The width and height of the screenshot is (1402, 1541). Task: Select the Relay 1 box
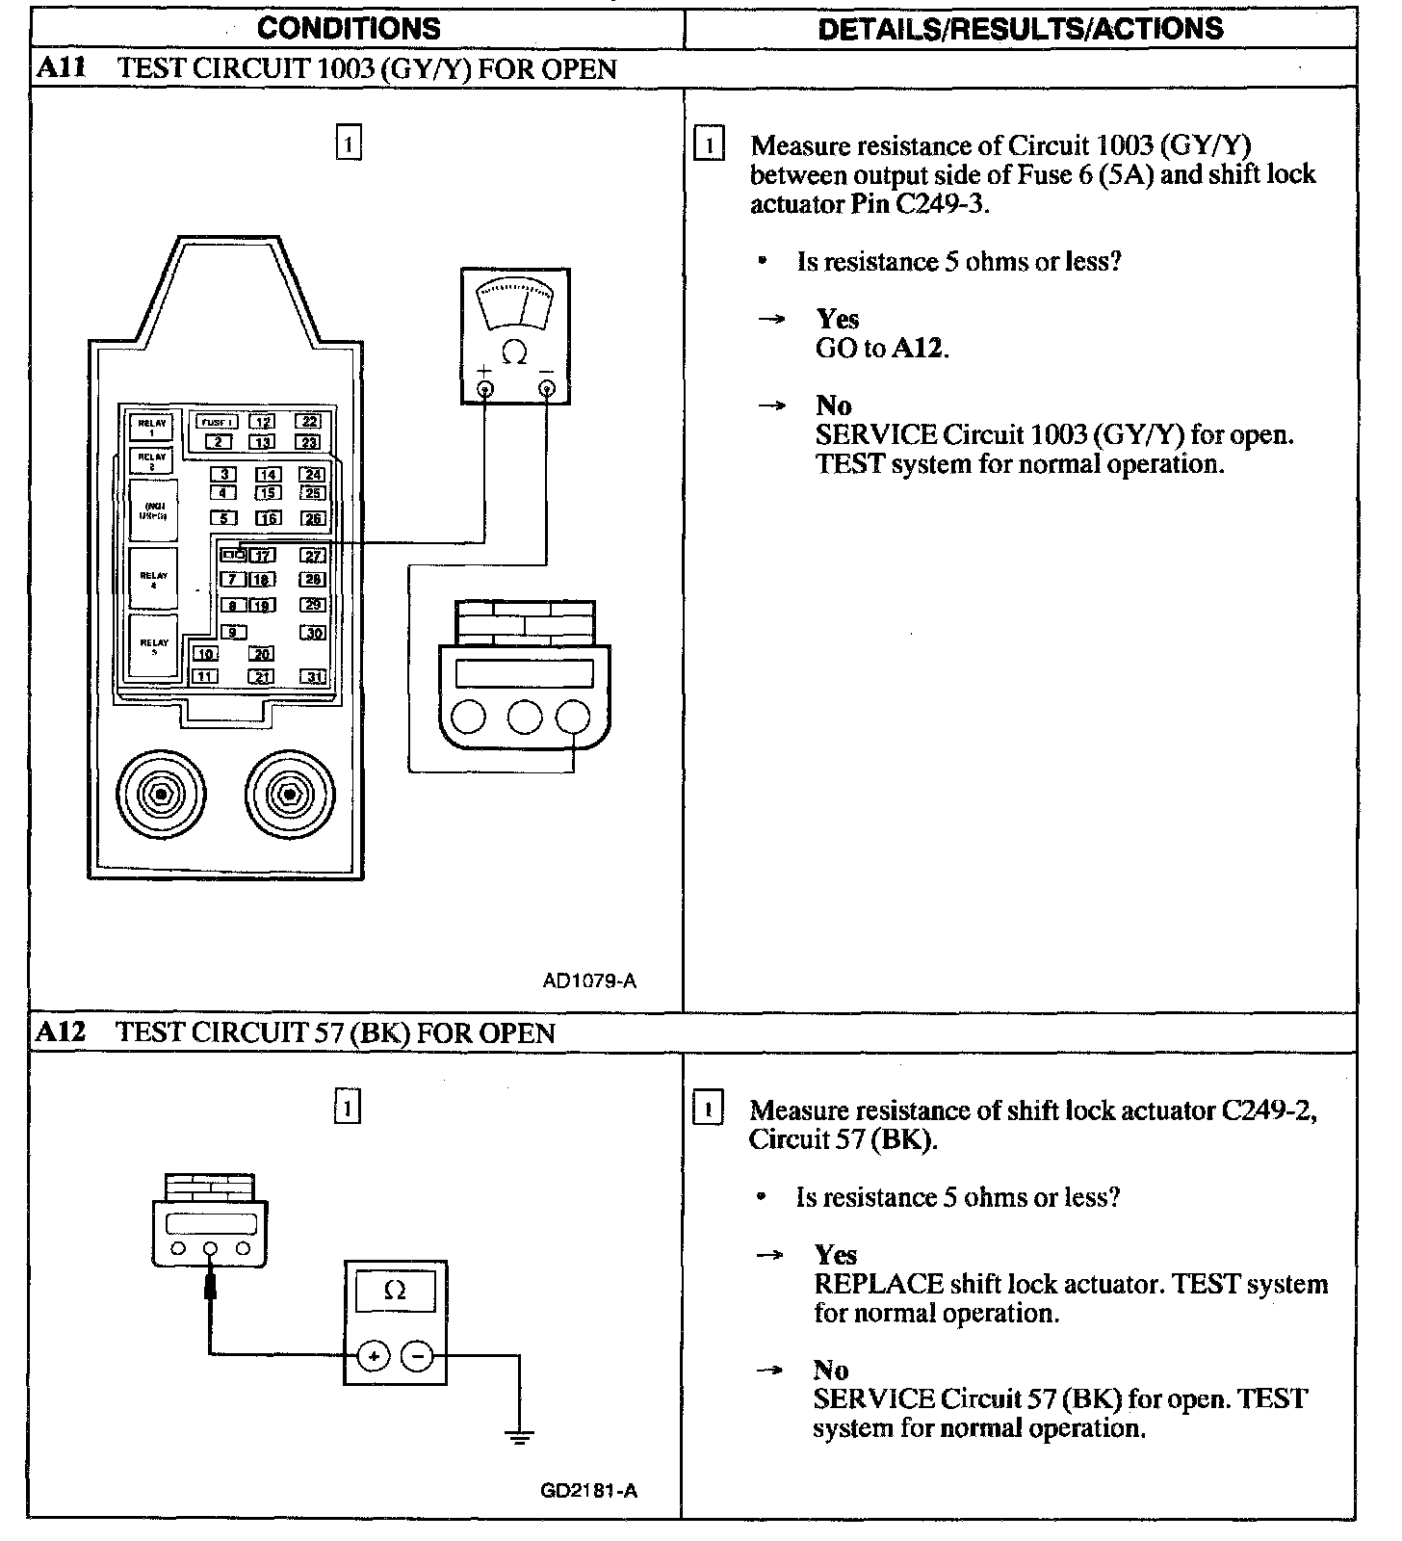(152, 427)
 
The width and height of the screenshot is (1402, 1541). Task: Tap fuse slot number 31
(314, 677)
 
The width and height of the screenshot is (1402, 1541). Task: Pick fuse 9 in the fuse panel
(232, 632)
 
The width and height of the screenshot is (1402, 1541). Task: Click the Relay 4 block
(153, 579)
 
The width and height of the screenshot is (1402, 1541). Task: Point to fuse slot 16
(269, 518)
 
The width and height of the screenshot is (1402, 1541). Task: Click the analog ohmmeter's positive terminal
(485, 388)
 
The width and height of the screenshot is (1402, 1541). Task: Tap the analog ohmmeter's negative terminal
(546, 388)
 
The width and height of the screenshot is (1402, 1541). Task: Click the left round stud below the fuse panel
(161, 795)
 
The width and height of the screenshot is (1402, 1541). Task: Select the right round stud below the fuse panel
(289, 795)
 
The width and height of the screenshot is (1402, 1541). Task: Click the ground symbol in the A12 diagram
(519, 1438)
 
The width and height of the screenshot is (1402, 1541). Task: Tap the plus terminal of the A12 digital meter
(373, 1356)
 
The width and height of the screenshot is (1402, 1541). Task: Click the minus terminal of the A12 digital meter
(417, 1356)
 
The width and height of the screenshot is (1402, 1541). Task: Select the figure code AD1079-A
(589, 981)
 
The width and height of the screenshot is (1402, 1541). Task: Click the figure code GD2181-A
(588, 1491)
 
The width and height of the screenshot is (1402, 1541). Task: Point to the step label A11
(61, 69)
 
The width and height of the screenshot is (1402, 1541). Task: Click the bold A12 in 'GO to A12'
(919, 349)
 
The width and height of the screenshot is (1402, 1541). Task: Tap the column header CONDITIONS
(349, 29)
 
